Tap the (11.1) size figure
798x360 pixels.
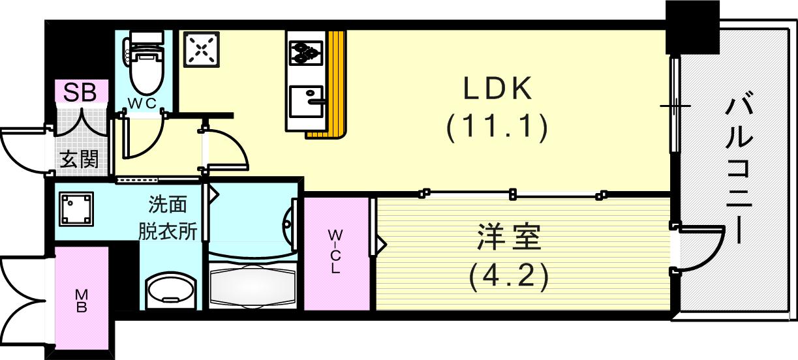pyautogui.click(x=497, y=127)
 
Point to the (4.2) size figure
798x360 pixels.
pyautogui.click(x=507, y=277)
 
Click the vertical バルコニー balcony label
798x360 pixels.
pyautogui.click(x=740, y=168)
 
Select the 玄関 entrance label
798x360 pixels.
pyautogui.click(x=80, y=159)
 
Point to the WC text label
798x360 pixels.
pyautogui.click(x=142, y=103)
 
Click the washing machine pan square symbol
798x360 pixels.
pyautogui.click(x=76, y=209)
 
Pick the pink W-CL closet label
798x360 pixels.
pyautogui.click(x=335, y=252)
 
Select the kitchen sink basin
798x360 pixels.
pyautogui.click(x=306, y=100)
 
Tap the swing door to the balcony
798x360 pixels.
pyautogui.click(x=699, y=248)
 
